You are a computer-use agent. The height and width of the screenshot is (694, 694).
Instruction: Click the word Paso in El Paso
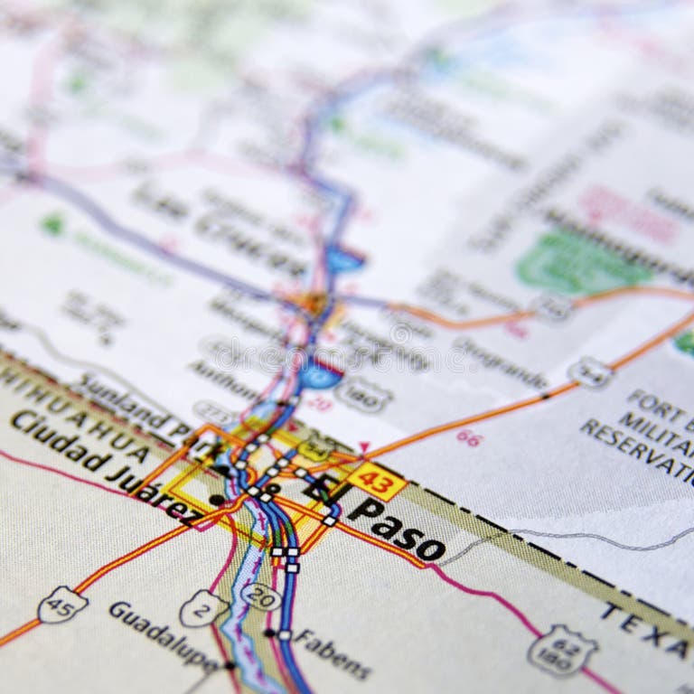pyautogui.click(x=397, y=528)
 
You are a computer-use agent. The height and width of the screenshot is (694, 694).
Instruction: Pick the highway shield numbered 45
pyautogui.click(x=62, y=605)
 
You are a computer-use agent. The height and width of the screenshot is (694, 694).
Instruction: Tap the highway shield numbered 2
pyautogui.click(x=202, y=607)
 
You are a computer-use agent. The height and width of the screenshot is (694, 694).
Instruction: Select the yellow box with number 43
pyautogui.click(x=377, y=481)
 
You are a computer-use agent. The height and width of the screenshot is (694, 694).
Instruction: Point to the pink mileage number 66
pyautogui.click(x=468, y=438)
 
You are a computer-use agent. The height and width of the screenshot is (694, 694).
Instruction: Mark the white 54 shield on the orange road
pyautogui.click(x=589, y=371)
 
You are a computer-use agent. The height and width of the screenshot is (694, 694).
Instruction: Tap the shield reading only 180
pyautogui.click(x=363, y=395)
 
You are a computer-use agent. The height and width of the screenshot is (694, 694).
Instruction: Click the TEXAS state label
pyautogui.click(x=646, y=632)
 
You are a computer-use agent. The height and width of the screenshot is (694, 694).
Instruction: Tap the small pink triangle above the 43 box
pyautogui.click(x=364, y=446)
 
